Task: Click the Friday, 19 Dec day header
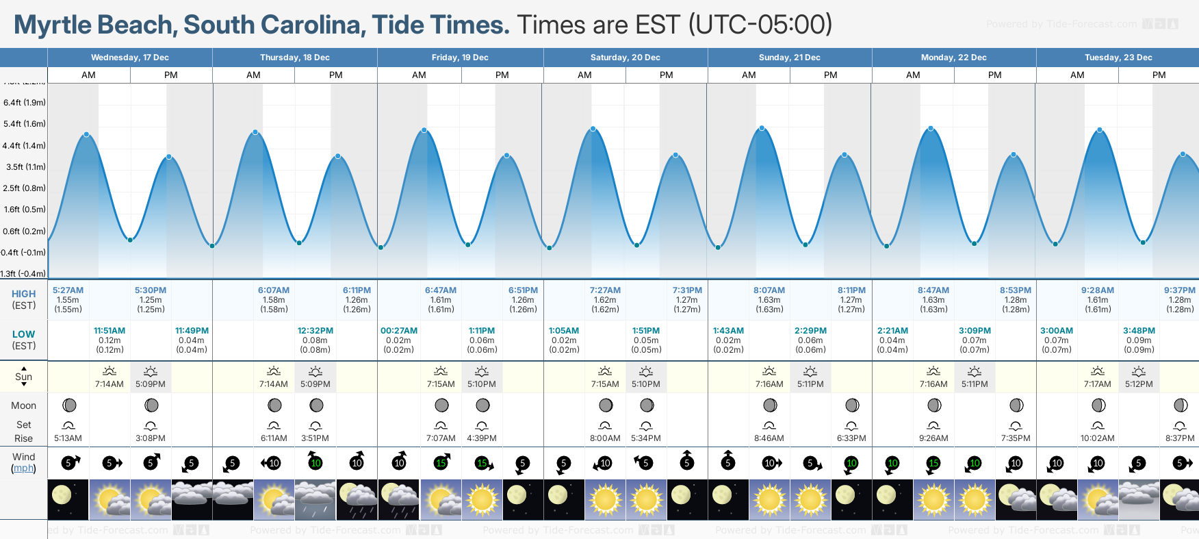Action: coord(460,58)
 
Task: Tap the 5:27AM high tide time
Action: coord(68,290)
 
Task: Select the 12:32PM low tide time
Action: coord(315,331)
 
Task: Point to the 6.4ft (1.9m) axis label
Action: coord(25,103)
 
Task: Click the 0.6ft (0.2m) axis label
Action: coord(25,231)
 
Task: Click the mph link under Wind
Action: coord(23,468)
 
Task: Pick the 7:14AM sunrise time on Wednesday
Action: coord(109,384)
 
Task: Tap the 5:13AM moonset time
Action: coord(68,438)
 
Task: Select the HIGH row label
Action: coord(23,294)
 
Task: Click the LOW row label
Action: coord(23,334)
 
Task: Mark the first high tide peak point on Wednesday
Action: coord(87,134)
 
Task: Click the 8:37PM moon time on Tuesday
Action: coord(1180,438)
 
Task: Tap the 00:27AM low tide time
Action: coord(398,331)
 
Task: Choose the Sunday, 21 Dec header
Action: coord(789,58)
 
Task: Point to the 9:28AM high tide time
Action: coord(1097,290)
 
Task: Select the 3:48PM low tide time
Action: coord(1139,331)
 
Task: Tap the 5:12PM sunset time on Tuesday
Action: coord(1139,384)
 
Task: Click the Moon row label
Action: coord(23,405)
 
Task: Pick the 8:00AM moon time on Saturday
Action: coord(605,438)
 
